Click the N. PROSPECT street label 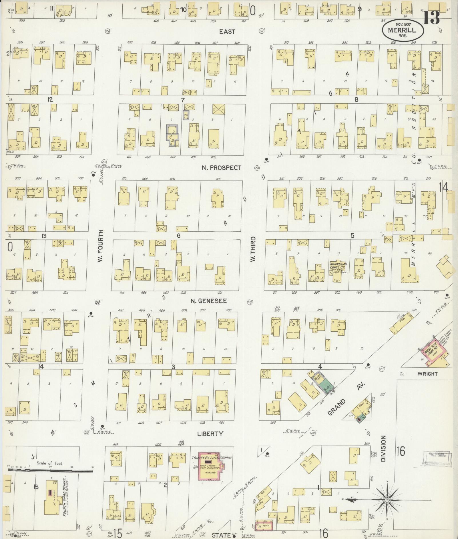coord(221,168)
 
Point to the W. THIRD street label coord(253,249)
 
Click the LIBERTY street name coord(210,434)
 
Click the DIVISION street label coord(384,448)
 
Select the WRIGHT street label coord(427,374)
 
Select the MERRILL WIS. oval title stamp coord(402,30)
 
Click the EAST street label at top coord(227,32)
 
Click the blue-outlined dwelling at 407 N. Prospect coord(172,136)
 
